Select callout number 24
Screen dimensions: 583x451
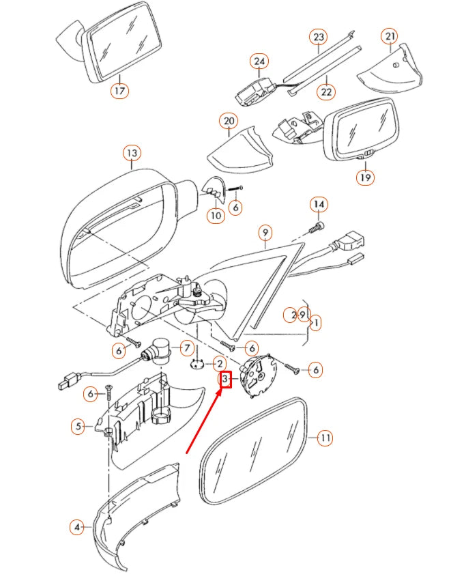259,62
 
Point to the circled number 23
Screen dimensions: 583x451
319,36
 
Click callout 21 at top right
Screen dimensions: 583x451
390,36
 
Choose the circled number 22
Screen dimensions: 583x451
326,91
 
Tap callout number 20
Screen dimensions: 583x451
228,122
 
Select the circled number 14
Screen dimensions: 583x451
319,204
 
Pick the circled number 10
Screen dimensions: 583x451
216,216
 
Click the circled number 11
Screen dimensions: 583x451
325,438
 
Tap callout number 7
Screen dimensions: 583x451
186,348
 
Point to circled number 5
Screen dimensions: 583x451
79,427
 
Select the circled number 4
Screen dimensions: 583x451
77,527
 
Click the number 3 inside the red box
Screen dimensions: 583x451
226,379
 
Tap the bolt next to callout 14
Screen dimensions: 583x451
319,225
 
